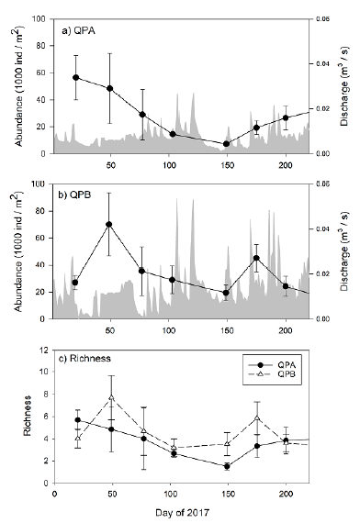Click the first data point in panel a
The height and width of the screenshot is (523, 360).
tap(75, 78)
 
